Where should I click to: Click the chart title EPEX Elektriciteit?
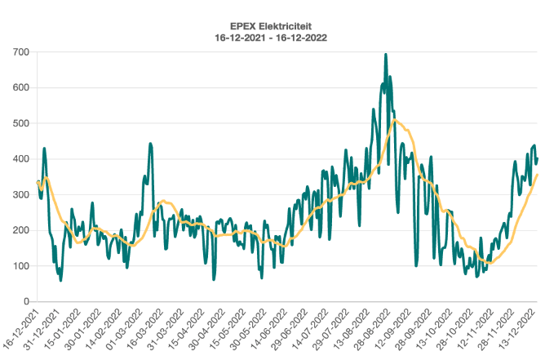272,25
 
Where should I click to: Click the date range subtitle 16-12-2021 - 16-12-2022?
272,38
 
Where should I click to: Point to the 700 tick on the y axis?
20,52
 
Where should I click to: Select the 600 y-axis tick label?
20,87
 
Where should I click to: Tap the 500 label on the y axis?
20,123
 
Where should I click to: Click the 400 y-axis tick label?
20,159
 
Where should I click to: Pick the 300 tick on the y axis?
20,194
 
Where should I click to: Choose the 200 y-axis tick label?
20,230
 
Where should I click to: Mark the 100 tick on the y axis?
20,266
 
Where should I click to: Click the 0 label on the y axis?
26,301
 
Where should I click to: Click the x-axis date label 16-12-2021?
22,326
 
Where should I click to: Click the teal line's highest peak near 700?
385,55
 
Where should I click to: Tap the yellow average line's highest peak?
395,121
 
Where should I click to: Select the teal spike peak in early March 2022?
150,144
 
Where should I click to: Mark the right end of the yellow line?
538,175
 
